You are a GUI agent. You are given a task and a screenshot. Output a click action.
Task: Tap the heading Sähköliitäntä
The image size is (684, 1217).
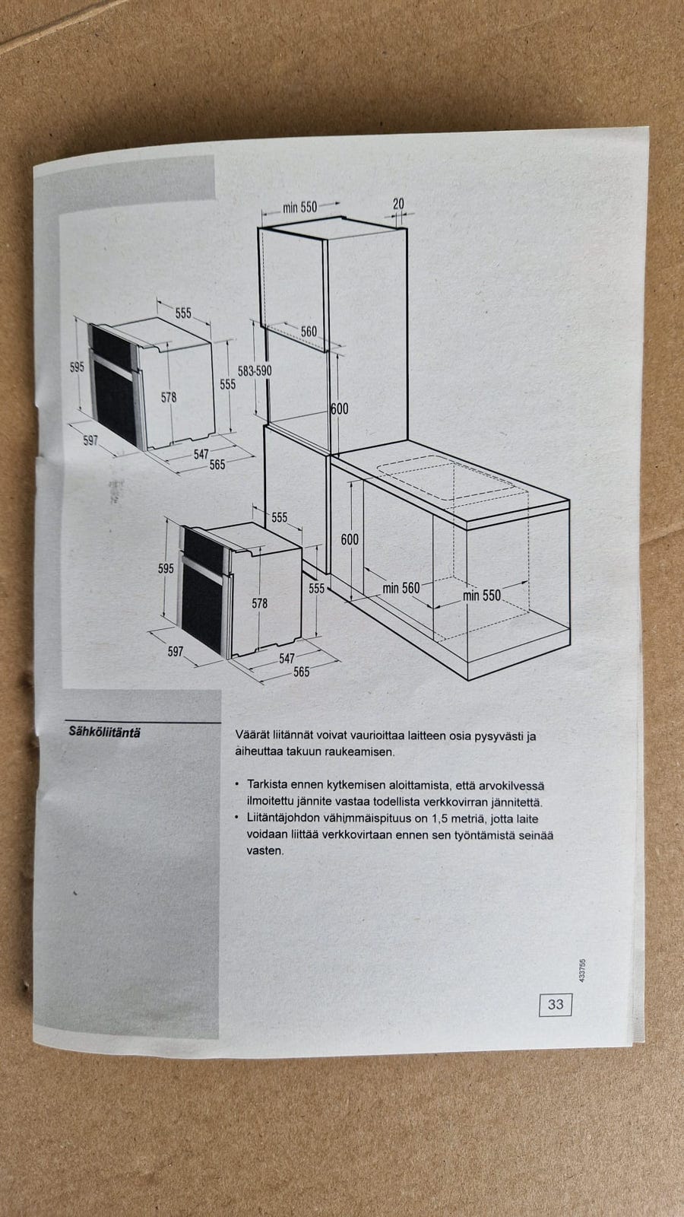coord(104,732)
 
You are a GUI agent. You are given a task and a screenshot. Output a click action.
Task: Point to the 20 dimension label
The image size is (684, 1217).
coord(398,204)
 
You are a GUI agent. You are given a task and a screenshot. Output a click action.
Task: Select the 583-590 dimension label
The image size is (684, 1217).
coord(255,371)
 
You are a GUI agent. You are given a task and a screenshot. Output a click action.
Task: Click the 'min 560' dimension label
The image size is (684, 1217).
coord(401,589)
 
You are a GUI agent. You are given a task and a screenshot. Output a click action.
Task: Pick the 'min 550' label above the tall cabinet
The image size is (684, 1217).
coord(299,207)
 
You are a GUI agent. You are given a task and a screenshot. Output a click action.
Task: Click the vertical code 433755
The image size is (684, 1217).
coord(582,970)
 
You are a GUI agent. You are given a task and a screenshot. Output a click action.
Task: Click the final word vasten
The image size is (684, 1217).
coord(265,851)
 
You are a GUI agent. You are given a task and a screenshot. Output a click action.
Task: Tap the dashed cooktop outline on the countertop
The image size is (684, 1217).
coord(449,478)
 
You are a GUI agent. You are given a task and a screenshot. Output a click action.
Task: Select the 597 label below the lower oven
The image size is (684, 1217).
coord(176,651)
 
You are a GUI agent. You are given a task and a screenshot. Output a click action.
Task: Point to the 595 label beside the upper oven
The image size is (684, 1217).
coord(77,367)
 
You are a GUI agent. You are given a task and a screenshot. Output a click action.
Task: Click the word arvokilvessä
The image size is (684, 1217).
coord(512,786)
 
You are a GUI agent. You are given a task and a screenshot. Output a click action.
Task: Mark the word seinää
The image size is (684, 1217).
coord(536,836)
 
